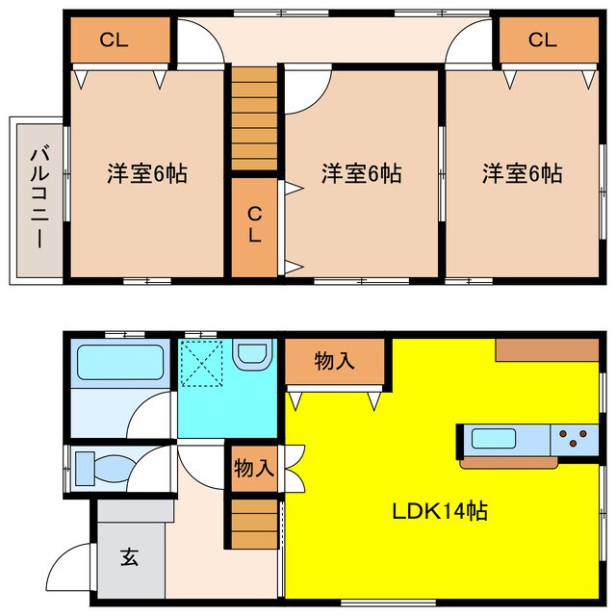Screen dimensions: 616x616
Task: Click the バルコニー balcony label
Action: click(x=38, y=196)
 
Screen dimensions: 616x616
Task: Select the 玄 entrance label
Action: click(x=128, y=557)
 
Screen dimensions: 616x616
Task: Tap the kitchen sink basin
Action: click(x=494, y=440)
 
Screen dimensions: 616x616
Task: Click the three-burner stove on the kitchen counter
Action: click(x=575, y=440)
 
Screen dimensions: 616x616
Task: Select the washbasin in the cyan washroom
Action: click(x=253, y=356)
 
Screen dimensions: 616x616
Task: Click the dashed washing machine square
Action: click(x=204, y=364)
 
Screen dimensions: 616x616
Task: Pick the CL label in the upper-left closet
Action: click(x=114, y=40)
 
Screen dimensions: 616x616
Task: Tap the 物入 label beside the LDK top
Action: click(x=335, y=362)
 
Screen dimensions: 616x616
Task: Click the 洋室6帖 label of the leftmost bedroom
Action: click(x=146, y=174)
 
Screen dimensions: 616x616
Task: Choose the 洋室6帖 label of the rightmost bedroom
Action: click(x=523, y=174)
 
